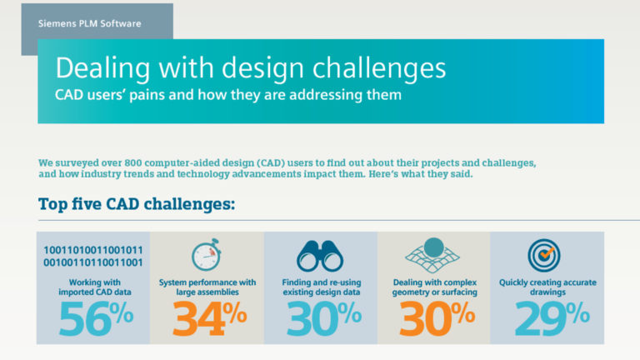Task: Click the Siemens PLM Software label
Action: tap(90, 23)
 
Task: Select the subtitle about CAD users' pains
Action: tap(227, 94)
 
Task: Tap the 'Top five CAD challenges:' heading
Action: tap(137, 204)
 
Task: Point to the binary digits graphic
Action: tap(92, 256)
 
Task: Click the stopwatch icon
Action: tap(207, 255)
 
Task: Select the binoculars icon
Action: tap(320, 255)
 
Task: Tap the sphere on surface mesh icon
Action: tap(433, 253)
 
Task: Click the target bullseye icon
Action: tap(547, 253)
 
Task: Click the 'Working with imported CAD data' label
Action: tap(92, 287)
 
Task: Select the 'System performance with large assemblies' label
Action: tap(207, 287)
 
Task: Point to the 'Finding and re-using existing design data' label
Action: tap(321, 287)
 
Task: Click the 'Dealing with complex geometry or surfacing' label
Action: tap(434, 287)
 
